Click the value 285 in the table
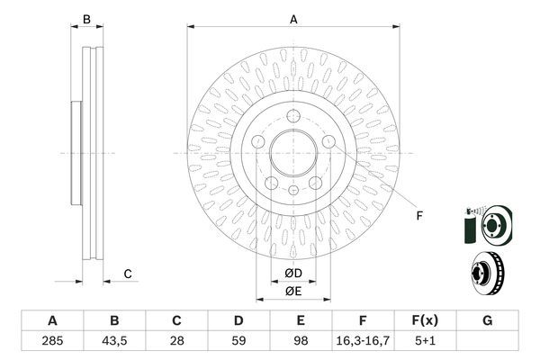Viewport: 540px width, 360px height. coord(52,342)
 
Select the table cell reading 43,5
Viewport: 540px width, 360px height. coord(114,342)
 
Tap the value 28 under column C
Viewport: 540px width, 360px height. coord(177,342)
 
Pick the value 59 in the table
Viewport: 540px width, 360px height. coord(238,342)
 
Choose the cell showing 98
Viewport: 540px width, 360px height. coord(301,342)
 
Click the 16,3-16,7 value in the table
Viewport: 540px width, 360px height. coord(363,342)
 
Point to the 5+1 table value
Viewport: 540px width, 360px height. coord(425,342)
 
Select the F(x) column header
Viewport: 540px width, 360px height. coord(425,321)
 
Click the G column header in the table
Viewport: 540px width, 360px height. coord(487,321)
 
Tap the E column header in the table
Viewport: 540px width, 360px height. coord(301,321)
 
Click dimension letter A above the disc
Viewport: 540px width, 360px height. coord(293,19)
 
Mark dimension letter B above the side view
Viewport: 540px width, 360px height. coord(87,19)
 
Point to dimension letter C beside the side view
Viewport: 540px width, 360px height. coord(128,274)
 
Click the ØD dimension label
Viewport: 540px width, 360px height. coord(293,273)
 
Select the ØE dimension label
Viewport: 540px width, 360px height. coord(293,291)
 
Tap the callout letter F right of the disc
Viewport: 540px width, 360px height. coord(418,214)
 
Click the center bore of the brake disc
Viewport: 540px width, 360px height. coord(293,154)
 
